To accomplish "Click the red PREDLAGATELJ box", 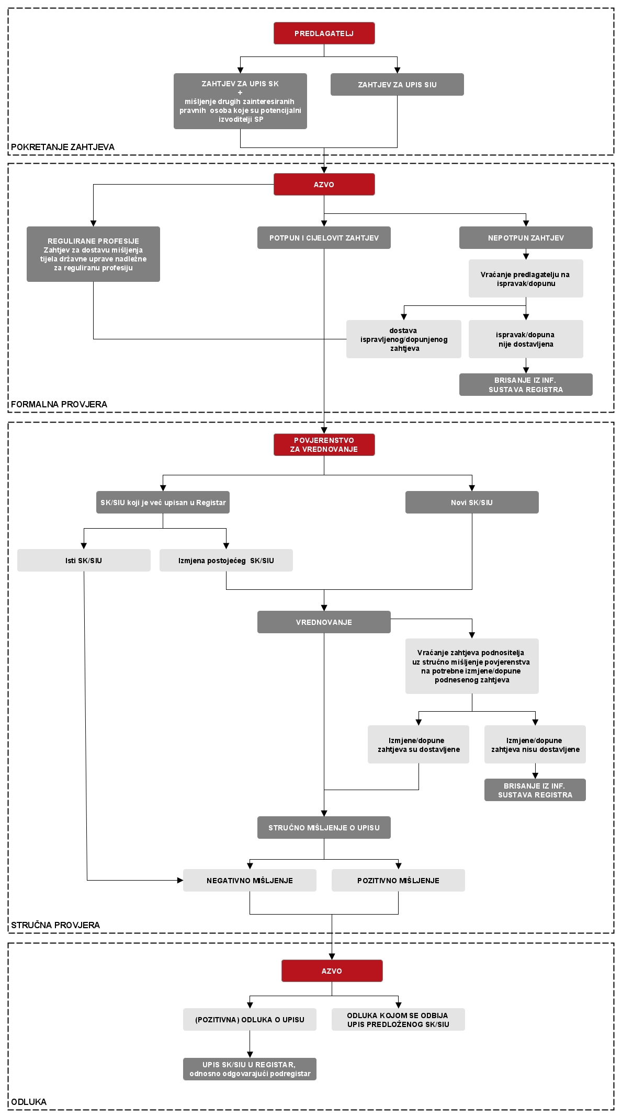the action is (x=324, y=33).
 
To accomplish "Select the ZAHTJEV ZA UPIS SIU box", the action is (x=397, y=84).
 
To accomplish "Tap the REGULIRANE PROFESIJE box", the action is (x=93, y=254).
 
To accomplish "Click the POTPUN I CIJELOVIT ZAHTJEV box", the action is (x=324, y=237).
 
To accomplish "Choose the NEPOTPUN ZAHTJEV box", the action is (x=526, y=237).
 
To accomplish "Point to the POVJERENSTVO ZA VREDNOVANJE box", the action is (x=324, y=444).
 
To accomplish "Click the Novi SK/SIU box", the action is (x=472, y=502).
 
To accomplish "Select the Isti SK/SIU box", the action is (x=84, y=560).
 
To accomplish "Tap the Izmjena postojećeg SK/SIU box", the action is (x=226, y=560).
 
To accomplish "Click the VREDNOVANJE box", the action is (x=324, y=622).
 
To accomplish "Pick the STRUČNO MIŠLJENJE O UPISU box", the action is (x=324, y=827).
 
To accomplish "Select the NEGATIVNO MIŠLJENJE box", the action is (x=250, y=880).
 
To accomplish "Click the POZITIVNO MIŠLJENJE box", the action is (x=398, y=880).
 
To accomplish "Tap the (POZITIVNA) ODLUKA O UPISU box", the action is (x=250, y=1019).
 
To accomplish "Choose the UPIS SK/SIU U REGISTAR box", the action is (x=250, y=1069).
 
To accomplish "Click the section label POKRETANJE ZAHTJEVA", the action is (x=63, y=147).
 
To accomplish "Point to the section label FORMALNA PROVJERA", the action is (x=59, y=404).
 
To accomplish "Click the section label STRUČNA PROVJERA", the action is (x=55, y=925).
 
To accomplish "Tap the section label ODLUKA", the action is (x=29, y=1102).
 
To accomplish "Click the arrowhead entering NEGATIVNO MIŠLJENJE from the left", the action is (x=180, y=880).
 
